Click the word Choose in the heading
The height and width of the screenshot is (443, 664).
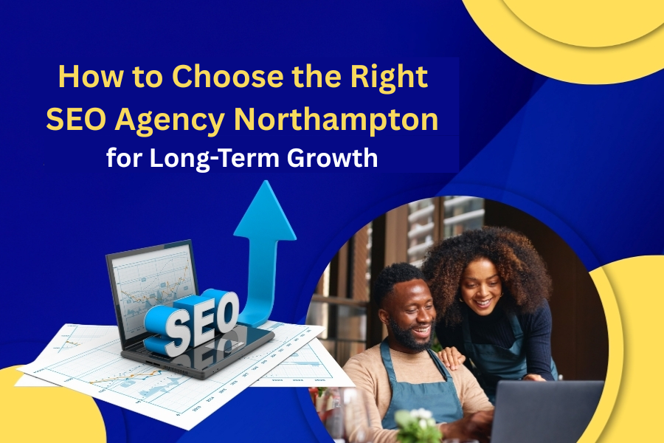tap(227, 76)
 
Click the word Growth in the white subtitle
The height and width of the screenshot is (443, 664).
tap(332, 159)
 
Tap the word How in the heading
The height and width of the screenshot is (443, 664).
tap(91, 77)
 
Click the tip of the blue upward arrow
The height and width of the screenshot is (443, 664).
tap(266, 181)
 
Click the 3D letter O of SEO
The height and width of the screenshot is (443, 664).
tap(225, 314)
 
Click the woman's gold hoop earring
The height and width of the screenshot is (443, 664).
tap(502, 294)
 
